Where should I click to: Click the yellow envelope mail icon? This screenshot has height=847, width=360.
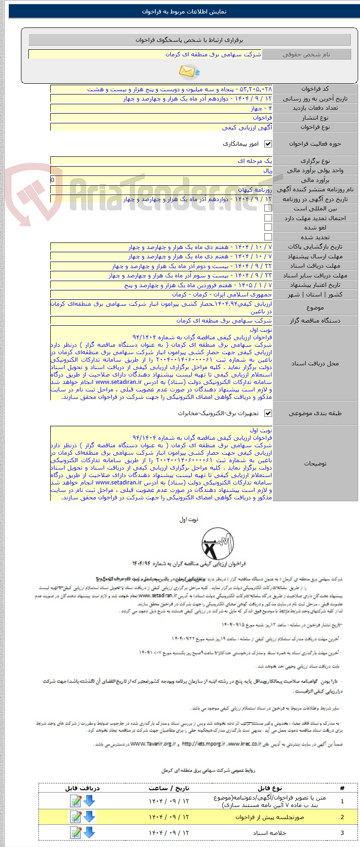coord(189,71)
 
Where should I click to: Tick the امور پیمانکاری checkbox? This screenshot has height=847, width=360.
coord(268,144)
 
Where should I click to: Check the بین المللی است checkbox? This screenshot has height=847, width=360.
coord(268,208)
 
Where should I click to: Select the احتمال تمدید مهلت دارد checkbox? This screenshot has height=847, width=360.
coord(268,218)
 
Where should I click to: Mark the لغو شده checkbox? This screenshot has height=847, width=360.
coord(268,227)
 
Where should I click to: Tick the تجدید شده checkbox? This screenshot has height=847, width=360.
coord(268,237)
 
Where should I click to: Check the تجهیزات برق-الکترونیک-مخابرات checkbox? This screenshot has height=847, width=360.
coord(268,413)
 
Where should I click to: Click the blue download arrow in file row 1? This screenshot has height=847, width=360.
coord(89,801)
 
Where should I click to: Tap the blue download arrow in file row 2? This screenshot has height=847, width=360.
coord(89,817)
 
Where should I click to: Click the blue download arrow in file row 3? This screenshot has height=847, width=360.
coord(89,833)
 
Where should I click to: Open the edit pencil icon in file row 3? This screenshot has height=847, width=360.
coord(75,833)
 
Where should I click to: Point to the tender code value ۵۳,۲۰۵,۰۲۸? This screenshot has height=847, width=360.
coord(260,89)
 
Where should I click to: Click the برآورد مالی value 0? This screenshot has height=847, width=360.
coord(53,180)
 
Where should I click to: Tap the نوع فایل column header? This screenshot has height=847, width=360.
coord(269,788)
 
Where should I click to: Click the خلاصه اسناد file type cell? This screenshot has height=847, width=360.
coord(269,833)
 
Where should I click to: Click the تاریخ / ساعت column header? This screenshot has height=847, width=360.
coord(169,788)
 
